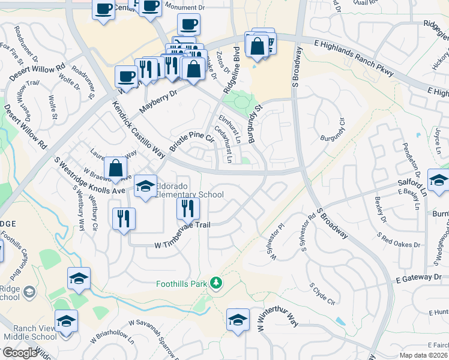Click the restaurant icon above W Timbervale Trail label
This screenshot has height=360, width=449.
[x=188, y=208]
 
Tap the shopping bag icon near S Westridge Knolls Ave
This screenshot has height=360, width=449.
[x=115, y=169]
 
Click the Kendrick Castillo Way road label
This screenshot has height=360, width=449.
[x=139, y=129]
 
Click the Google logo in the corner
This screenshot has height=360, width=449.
[x=19, y=353]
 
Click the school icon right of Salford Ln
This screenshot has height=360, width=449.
[x=438, y=180]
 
